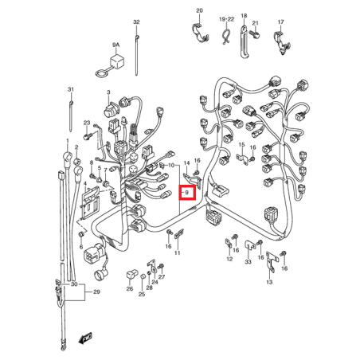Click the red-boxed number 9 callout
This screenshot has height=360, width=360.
coord(187,192)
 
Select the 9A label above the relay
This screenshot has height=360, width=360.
coord(116,45)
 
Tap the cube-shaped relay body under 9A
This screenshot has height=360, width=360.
coord(115,62)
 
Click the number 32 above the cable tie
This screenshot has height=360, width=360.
coord(136,22)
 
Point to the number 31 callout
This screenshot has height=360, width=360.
coord(71,89)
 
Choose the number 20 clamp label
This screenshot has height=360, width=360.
coord(199,10)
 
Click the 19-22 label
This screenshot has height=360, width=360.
coord(227,19)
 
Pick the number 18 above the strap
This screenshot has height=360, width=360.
coord(244,16)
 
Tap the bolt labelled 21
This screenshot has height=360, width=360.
coord(256,35)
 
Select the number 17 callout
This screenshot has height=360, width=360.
coord(281,22)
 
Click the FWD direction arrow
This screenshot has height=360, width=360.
coord(85,338)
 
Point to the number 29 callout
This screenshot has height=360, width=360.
coord(96,292)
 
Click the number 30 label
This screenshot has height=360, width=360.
coord(74,284)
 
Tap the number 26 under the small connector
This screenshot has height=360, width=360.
coord(130,288)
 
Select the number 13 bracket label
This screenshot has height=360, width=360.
coord(269,282)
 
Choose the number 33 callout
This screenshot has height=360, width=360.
coord(248,262)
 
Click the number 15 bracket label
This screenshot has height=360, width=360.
coord(241,145)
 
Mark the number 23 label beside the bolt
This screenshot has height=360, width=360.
coord(87,123)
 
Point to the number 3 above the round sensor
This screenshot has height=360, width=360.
coord(108,92)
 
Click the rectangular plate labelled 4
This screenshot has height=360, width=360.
coord(89,202)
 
